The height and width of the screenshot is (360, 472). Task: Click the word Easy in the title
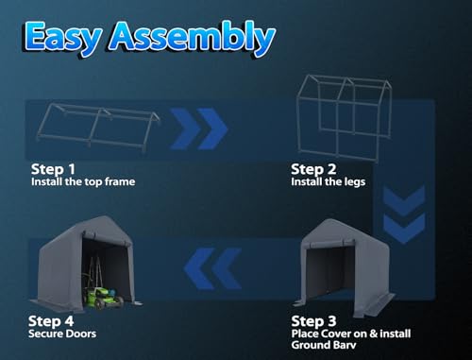[63, 39]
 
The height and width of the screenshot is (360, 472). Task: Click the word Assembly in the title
[192, 38]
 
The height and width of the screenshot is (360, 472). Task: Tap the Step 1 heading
[53, 169]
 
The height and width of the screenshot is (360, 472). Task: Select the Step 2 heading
[313, 169]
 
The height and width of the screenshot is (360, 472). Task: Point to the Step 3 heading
[313, 321]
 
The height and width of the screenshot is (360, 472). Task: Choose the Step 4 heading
[51, 321]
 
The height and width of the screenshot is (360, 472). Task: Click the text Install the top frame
[83, 181]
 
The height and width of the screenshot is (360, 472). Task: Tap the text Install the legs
[329, 182]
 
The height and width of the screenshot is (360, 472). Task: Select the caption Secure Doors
[62, 334]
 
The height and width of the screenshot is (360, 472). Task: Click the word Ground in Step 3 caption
[309, 345]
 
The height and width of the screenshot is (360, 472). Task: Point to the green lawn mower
[102, 297]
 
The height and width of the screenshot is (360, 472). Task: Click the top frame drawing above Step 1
[98, 127]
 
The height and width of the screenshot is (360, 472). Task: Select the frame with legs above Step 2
[345, 118]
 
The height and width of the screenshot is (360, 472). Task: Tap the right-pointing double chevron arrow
[199, 129]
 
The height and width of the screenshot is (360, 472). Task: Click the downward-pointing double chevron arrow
[404, 214]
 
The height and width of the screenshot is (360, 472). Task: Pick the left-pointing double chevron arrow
[213, 268]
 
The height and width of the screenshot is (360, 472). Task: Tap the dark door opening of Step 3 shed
[328, 271]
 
